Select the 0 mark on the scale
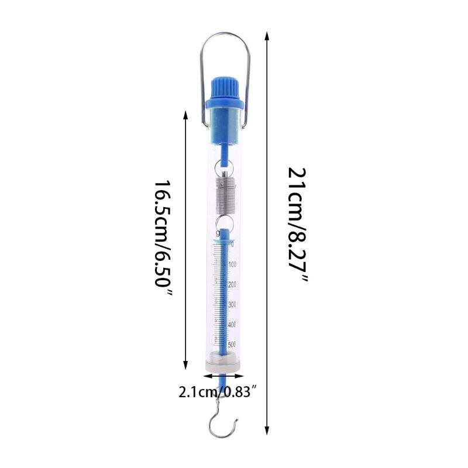232,244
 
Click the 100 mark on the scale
232,264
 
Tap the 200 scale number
232,285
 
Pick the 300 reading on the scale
232,305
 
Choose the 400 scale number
232,324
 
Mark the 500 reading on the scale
232,344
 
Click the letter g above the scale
218,233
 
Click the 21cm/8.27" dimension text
297,225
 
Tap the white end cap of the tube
223,364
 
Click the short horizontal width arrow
223,377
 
